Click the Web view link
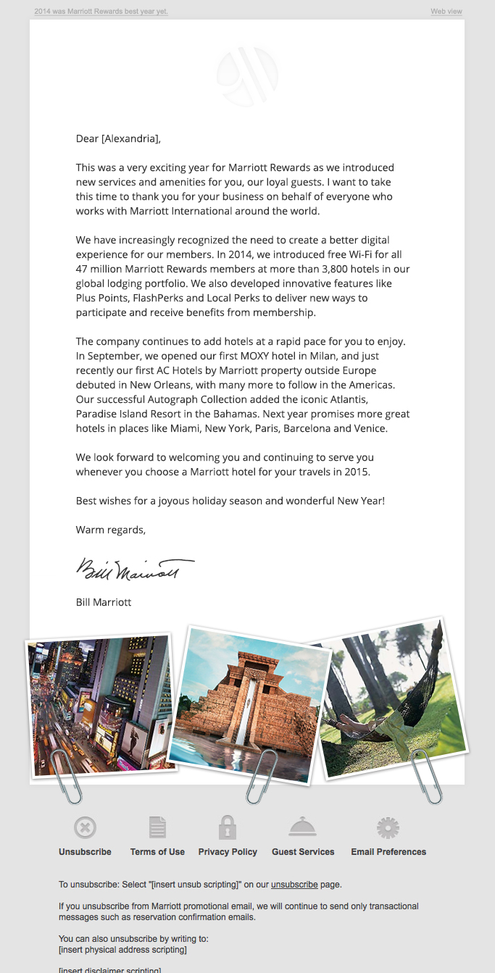446,12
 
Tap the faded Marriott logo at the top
247,75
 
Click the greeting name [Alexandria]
130,138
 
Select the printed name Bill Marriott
104,602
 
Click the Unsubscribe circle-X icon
85,827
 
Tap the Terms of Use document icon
157,827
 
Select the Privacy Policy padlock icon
228,827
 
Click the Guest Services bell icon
303,827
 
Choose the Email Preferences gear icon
388,827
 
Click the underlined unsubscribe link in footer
294,885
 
